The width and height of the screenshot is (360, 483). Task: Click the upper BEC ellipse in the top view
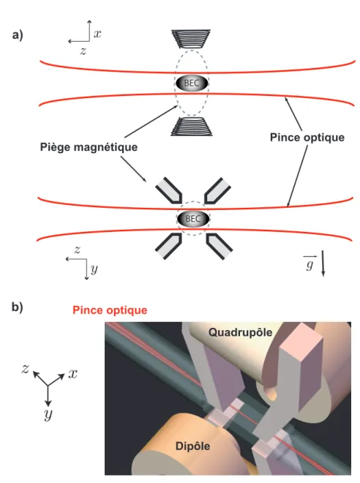[192, 83]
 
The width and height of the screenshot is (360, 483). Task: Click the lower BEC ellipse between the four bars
[193, 219]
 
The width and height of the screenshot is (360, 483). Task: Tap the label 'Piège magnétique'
[89, 147]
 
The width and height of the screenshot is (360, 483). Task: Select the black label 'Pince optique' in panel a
[307, 138]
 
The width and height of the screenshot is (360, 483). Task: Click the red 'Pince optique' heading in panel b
[110, 310]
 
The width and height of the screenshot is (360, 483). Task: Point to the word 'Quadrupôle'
[240, 332]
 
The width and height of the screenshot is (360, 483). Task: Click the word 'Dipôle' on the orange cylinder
[192, 446]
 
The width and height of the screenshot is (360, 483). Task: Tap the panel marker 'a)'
[18, 35]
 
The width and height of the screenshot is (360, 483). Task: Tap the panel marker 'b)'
[18, 307]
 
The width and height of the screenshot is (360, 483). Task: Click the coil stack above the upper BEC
[191, 39]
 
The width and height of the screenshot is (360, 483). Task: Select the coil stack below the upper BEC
[192, 127]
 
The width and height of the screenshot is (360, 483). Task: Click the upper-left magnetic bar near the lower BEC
[169, 191]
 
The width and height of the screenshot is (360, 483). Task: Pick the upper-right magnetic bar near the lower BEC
[217, 190]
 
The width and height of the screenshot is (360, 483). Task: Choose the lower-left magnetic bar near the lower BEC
[168, 246]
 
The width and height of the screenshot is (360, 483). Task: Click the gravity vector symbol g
[310, 263]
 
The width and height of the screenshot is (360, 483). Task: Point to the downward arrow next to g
[323, 263]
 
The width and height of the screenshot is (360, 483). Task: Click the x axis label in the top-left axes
[97, 34]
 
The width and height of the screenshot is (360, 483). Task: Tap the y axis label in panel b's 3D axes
[48, 415]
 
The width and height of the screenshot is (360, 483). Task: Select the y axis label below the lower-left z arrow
[94, 269]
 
